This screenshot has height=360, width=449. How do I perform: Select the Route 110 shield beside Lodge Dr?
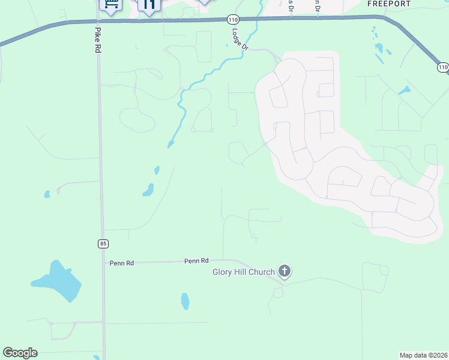232,20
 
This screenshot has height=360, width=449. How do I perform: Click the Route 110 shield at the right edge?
443,67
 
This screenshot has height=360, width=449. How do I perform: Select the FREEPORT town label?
389,4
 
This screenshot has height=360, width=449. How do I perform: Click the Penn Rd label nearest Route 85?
121,263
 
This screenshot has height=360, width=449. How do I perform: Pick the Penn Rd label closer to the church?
196,261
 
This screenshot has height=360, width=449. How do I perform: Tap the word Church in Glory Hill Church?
262,272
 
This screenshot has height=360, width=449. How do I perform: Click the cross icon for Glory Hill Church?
285,272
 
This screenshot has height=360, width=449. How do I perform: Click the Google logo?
20,353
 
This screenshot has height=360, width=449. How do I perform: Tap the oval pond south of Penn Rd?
185,301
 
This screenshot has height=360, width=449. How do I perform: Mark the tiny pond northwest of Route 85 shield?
47,194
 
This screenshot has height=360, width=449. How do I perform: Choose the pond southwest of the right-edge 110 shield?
404,91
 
